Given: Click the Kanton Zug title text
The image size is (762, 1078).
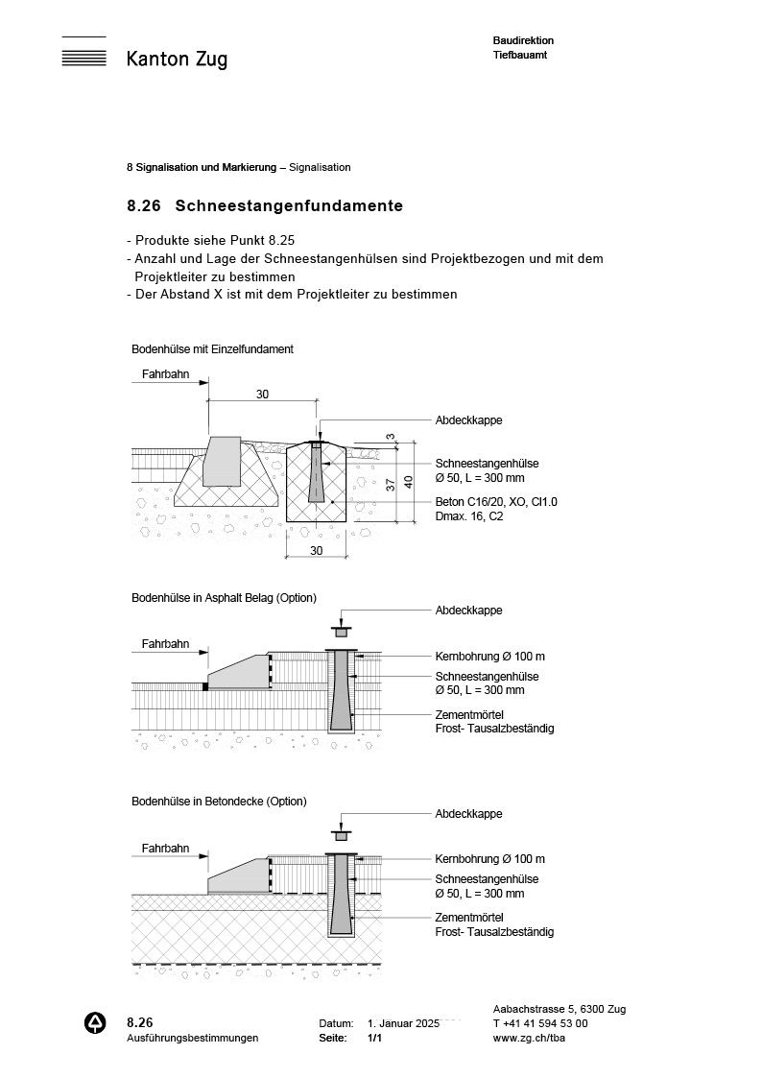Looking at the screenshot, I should (x=177, y=60).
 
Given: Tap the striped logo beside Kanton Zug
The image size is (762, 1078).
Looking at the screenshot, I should (x=83, y=52).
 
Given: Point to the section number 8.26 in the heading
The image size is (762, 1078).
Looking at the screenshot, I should (x=142, y=205).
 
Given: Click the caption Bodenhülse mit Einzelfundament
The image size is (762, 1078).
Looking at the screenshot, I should (x=212, y=349).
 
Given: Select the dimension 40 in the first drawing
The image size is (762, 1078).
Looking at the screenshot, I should (x=408, y=482).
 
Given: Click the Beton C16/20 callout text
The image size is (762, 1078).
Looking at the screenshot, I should (x=496, y=502).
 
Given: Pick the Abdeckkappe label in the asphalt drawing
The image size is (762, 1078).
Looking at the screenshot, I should (x=468, y=611).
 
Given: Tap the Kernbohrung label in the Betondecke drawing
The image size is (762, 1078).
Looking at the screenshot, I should (x=489, y=859).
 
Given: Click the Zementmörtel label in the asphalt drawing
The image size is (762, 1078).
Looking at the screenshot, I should (x=469, y=715).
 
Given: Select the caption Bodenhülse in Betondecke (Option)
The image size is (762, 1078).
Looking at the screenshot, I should (x=219, y=801).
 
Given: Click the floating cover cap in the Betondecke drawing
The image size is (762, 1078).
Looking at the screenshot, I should (x=341, y=833).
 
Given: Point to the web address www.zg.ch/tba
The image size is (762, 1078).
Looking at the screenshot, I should (x=527, y=1039).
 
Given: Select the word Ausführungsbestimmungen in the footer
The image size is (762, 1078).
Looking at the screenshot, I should (x=192, y=1039).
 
